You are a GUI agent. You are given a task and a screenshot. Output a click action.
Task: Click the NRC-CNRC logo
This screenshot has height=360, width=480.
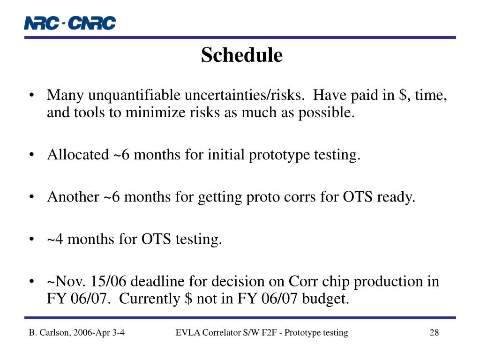click(70, 23)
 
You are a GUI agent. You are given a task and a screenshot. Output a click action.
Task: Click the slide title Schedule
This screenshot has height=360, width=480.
click(242, 55)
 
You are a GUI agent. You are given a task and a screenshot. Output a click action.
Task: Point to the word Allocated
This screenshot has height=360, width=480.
click(78, 154)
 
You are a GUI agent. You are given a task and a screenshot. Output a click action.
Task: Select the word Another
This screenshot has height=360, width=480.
click(73, 196)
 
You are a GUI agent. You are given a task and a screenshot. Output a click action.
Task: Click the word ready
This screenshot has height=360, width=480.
click(396, 197)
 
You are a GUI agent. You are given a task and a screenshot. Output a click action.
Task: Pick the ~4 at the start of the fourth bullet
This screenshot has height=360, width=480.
click(55, 239)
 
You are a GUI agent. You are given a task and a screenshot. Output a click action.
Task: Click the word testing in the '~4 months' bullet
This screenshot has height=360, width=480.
click(199, 240)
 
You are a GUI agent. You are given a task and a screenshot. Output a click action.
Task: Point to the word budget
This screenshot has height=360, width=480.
click(326, 299)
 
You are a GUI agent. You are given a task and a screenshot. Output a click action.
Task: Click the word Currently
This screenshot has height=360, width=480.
click(150, 299)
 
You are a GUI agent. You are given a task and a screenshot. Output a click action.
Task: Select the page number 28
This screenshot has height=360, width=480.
click(434, 332)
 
